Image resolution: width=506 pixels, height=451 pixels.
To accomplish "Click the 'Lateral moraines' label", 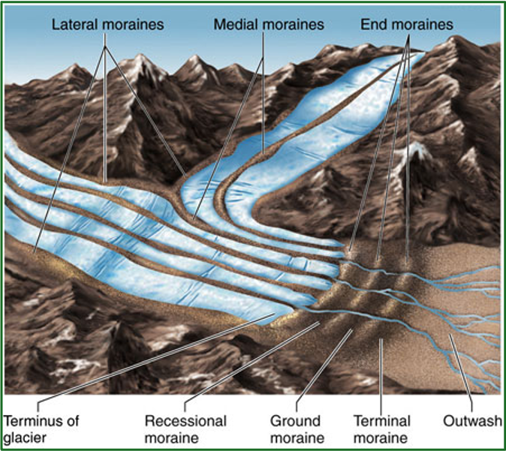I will pos(107,25).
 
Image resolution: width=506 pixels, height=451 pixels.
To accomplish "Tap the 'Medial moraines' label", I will pos(269,25).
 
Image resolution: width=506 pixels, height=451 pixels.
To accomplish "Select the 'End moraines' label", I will pos(407,25).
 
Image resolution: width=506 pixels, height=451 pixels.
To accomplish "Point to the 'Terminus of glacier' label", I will pos(41,428).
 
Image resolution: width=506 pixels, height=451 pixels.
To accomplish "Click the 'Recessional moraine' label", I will pos(185,428).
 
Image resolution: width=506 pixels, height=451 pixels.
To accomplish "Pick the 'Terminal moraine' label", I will pos(382,428).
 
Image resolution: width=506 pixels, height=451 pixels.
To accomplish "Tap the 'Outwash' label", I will pos(471,421).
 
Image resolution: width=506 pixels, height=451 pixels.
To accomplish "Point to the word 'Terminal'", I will pos(382,421).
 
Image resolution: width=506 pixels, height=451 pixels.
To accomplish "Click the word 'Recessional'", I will pos(185,421).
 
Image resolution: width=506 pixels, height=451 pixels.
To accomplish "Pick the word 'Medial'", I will pos(234,25).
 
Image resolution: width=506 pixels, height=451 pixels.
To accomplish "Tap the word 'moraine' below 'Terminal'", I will pos(382,437).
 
